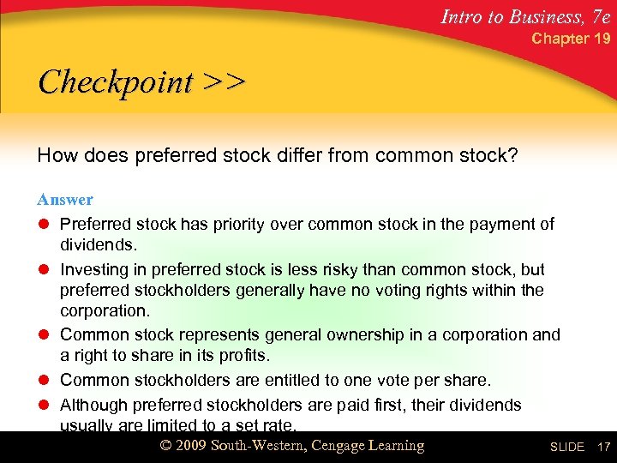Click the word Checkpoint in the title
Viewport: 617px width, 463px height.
[116, 82]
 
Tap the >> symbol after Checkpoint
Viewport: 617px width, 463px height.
[224, 82]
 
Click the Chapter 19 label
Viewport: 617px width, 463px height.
[571, 39]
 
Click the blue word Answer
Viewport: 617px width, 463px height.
[65, 199]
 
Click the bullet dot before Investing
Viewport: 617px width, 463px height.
[44, 269]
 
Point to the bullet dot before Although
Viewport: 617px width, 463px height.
[44, 405]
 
